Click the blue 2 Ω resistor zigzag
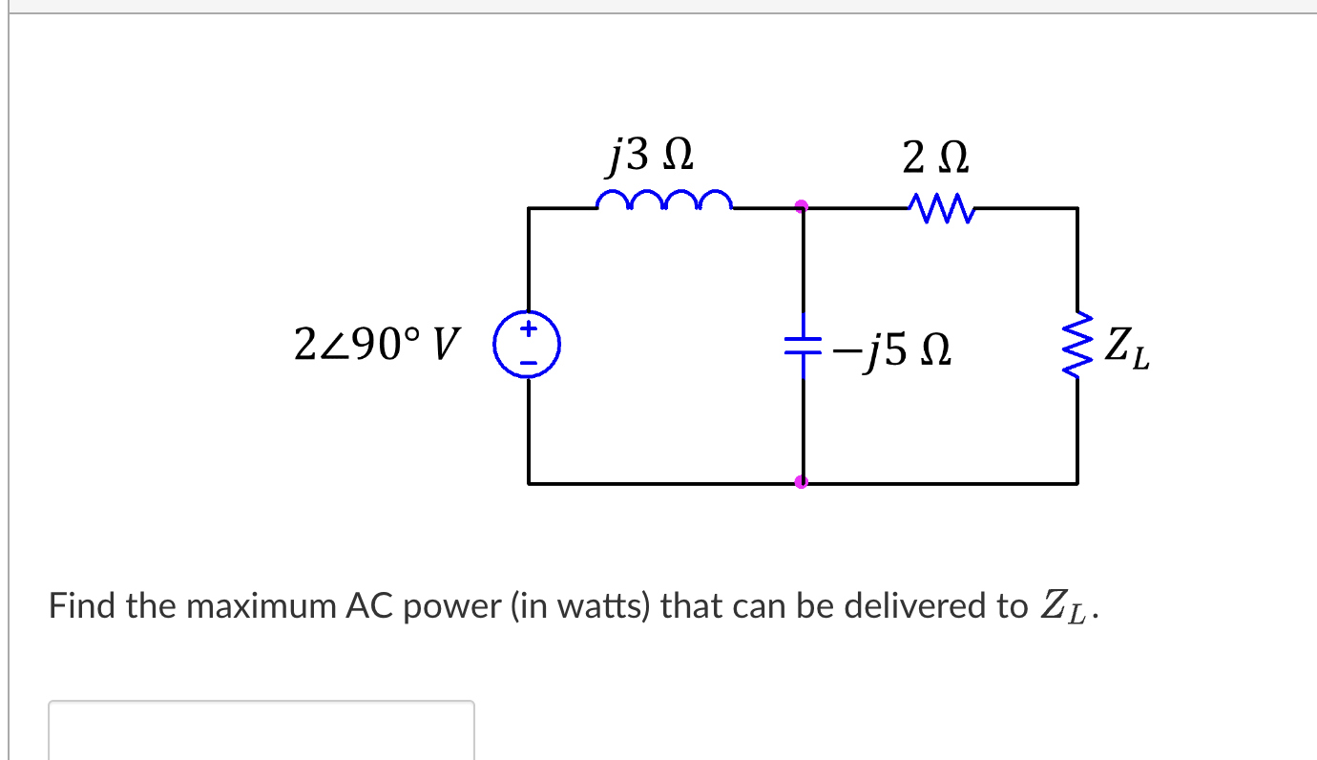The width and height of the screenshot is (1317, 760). coord(941,205)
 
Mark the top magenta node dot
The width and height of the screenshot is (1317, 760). coord(803,205)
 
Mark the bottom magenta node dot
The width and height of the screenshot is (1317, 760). coord(802,482)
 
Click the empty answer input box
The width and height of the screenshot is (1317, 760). coord(261,730)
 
